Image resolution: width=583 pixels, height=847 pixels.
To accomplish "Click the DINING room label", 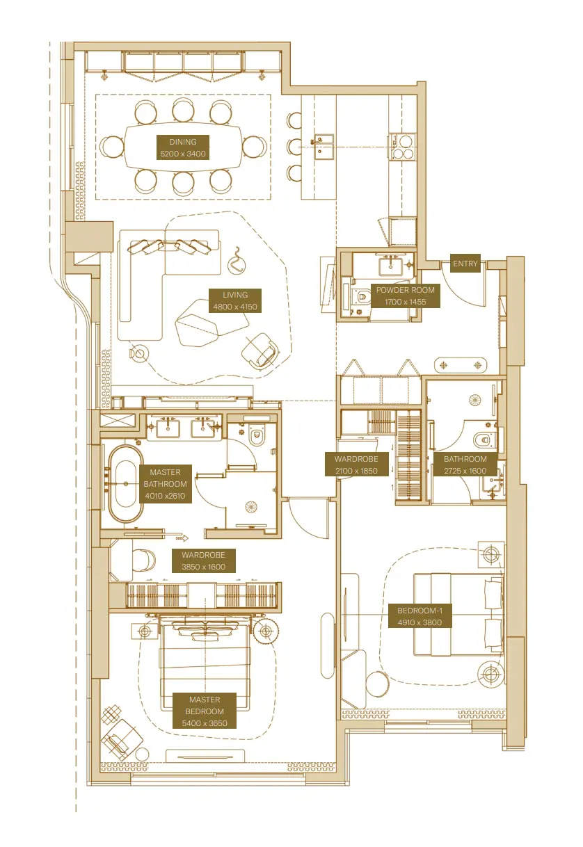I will point(182,147).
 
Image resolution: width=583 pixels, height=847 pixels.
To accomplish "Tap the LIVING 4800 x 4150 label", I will point(235,300).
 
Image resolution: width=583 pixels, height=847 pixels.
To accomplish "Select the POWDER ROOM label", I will point(405,296).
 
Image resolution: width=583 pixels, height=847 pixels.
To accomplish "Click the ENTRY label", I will point(465,264).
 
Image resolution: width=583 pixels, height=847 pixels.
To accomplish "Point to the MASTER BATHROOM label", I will point(165,484).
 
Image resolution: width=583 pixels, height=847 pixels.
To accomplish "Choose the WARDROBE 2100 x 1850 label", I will point(356,465).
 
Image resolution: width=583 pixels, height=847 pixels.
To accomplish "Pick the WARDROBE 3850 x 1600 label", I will point(203,560).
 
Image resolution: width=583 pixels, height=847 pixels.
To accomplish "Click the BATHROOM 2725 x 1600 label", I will point(465,465).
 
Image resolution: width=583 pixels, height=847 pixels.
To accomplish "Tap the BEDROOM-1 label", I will point(424,616).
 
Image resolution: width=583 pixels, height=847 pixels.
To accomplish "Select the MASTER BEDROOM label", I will point(205,711).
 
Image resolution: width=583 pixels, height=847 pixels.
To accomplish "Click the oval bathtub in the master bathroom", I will point(125,484).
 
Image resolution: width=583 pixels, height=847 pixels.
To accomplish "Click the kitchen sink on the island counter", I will point(323,147).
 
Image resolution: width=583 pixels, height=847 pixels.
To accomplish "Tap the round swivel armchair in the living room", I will point(261,350).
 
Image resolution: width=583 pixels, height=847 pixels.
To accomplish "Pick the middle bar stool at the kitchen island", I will point(293,147).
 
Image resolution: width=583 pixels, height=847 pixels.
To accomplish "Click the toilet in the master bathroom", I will point(256,435).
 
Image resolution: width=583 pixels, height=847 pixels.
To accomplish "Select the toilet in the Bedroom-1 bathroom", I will point(484,439).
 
